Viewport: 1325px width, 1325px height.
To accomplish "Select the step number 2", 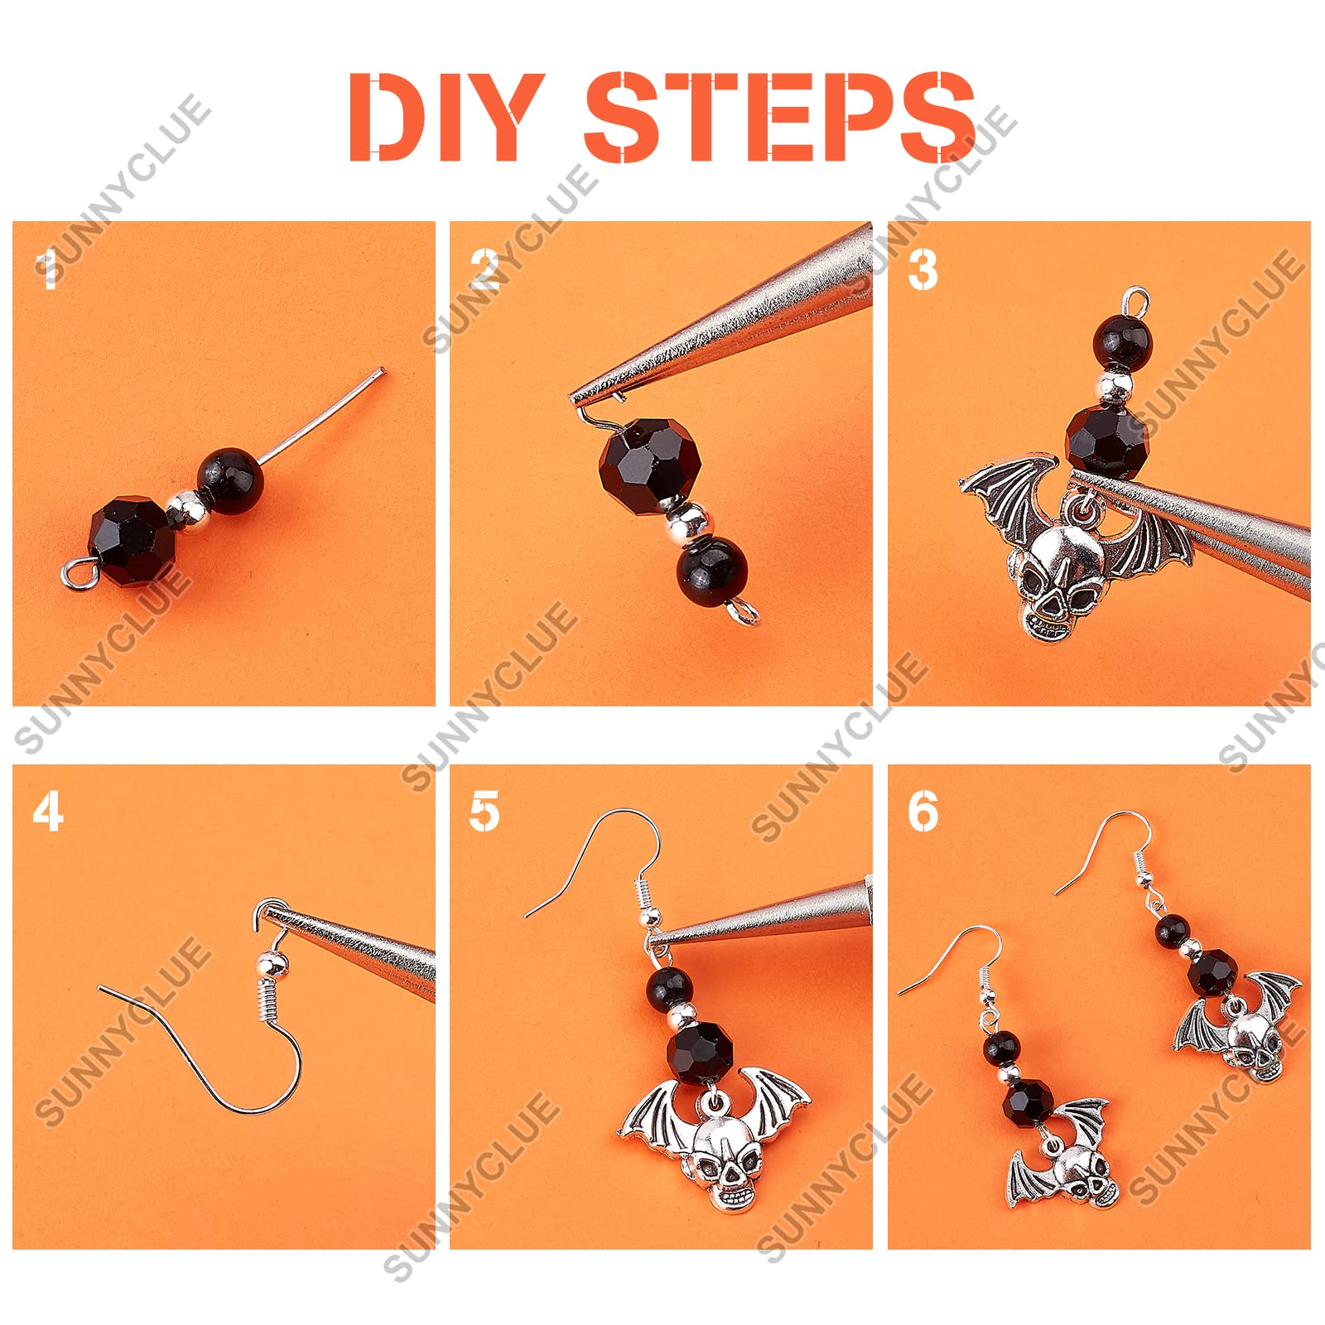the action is click(x=485, y=269).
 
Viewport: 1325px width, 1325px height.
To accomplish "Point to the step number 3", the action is click(x=923, y=269).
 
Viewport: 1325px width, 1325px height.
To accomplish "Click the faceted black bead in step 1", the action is click(x=132, y=541).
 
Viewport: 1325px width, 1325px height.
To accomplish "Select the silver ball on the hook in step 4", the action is click(x=272, y=964).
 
